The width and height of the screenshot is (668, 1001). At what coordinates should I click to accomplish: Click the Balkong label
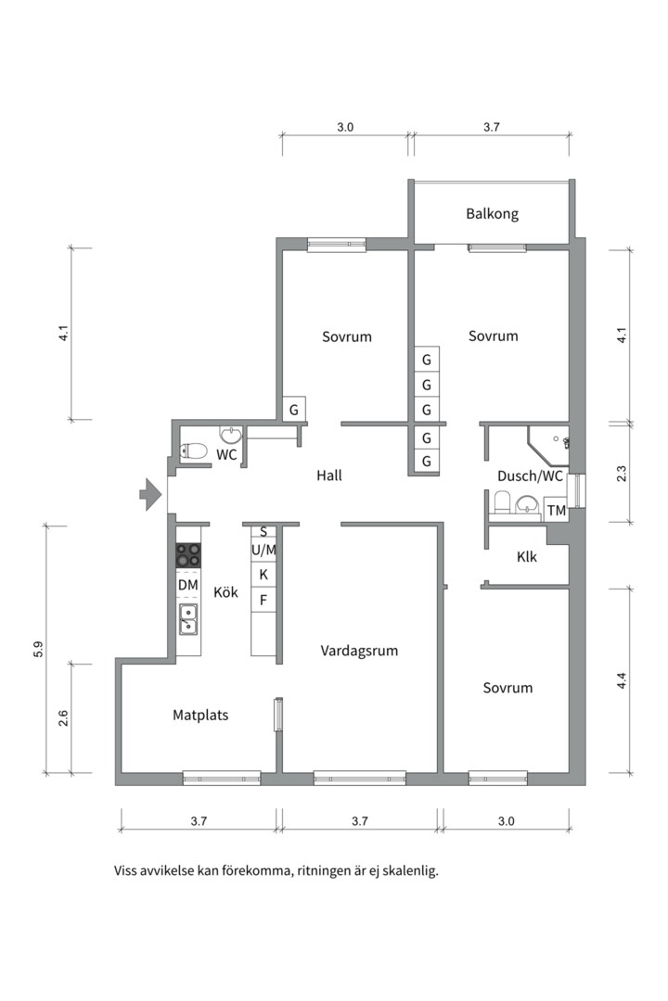(492, 214)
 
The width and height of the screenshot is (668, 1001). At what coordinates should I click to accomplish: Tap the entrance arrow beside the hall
(151, 494)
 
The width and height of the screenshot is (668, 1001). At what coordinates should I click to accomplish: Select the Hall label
(329, 475)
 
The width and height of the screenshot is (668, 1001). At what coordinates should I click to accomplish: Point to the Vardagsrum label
(359, 651)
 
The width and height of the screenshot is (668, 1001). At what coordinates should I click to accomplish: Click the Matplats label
(200, 715)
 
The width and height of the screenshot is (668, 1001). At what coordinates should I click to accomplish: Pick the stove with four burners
(188, 555)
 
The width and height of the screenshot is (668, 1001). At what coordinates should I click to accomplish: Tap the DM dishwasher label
(188, 585)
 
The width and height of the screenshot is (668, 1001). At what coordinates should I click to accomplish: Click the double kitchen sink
(188, 619)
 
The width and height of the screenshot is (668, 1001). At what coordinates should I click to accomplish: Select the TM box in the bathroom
(556, 510)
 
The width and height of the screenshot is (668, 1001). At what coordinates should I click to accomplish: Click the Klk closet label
(527, 557)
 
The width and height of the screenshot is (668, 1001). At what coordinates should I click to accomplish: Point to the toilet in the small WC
(194, 451)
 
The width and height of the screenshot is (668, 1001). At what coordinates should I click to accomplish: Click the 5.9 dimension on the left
(38, 649)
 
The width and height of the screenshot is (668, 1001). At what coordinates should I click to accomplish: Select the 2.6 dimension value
(63, 718)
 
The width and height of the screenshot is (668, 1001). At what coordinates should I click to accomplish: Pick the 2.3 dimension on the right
(622, 474)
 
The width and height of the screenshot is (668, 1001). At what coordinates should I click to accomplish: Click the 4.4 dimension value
(622, 680)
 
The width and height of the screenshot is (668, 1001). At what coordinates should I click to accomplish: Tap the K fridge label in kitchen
(263, 575)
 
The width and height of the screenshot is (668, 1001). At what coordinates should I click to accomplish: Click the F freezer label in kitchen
(263, 600)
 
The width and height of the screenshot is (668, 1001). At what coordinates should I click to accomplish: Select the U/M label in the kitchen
(263, 550)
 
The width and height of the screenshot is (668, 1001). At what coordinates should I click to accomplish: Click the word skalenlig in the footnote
(412, 870)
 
